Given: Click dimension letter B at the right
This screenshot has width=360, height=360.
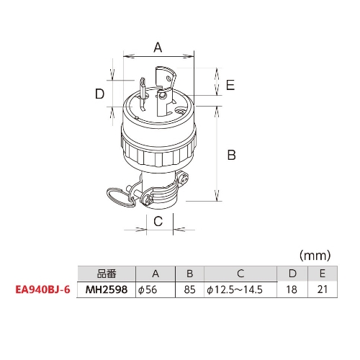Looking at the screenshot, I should (x=232, y=154).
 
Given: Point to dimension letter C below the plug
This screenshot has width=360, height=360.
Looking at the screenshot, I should (x=158, y=222).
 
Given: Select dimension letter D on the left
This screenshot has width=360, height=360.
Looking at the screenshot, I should (x=100, y=94).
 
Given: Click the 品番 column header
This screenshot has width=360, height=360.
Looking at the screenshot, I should (x=106, y=274).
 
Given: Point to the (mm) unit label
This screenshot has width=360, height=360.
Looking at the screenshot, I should (x=314, y=255).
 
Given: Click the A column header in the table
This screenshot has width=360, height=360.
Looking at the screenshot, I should (x=156, y=274).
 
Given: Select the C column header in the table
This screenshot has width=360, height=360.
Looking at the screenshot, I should (x=240, y=274).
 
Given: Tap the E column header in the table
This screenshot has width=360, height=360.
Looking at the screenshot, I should (x=322, y=274).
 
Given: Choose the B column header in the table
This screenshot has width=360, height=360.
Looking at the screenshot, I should (x=189, y=274).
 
